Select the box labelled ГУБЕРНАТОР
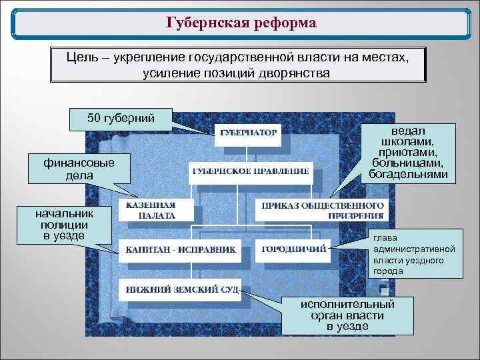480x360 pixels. click(248, 132)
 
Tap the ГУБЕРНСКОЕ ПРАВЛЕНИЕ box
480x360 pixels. click(250, 171)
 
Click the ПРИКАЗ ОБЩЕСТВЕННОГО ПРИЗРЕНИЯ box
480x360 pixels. click(322, 210)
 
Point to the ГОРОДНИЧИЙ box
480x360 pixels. click(293, 249)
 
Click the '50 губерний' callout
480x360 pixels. click(121, 119)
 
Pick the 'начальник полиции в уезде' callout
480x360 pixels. click(65, 225)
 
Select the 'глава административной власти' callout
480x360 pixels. click(414, 254)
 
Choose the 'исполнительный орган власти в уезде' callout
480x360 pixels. click(347, 315)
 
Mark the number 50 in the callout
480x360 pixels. click(94, 119)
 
